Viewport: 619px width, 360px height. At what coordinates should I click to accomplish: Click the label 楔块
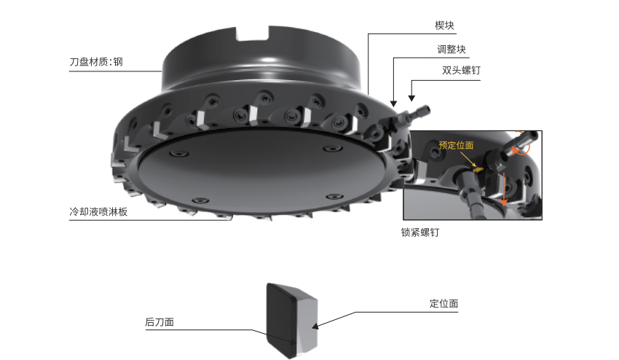coord(444,26)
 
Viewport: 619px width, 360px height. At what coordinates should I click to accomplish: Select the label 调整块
coord(452,50)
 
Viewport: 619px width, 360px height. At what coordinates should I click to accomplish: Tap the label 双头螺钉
coord(461,71)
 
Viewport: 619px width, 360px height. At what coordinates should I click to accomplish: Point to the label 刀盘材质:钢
coord(96,62)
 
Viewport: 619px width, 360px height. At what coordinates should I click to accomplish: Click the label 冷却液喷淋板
coord(98,212)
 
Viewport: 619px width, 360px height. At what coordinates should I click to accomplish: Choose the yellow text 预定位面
coord(456,146)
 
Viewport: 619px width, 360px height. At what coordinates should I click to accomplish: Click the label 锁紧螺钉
coord(420,232)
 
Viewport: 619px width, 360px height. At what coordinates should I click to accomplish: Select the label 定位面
coord(443,303)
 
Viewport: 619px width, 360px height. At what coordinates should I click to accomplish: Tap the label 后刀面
coord(159,322)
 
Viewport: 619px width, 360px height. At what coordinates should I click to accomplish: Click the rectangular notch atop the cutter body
coord(253,34)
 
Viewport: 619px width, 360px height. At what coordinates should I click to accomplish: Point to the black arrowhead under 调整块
coord(393,104)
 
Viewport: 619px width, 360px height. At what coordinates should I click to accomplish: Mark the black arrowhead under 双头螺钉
coord(411,98)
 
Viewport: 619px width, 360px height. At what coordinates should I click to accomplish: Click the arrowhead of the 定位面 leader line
coord(315,326)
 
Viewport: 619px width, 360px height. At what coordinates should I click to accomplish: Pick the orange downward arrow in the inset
coord(503,189)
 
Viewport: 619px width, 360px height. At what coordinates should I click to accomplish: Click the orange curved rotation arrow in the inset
coord(522,146)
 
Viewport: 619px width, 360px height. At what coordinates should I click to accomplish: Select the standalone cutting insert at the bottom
coord(292,321)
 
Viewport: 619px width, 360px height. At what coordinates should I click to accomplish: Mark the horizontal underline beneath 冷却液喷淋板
coord(150,219)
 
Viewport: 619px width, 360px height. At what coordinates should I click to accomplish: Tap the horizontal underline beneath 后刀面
coord(200,329)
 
